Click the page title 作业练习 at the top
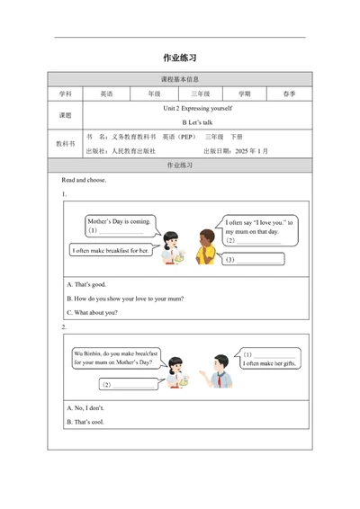[180, 58]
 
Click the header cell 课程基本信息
[180, 79]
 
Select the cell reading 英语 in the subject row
[106, 93]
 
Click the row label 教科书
[65, 143]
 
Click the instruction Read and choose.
[85, 180]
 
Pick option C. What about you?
[93, 312]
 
